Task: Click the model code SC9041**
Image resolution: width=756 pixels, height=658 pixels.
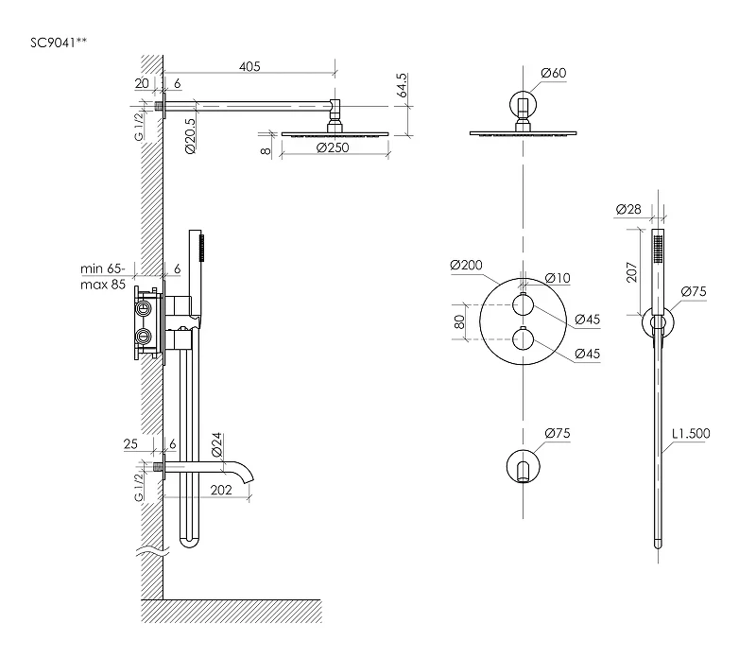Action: pyautogui.click(x=59, y=43)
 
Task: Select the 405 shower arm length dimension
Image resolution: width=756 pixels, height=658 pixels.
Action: pyautogui.click(x=249, y=66)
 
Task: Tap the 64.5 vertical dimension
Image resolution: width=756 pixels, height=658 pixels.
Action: pyautogui.click(x=402, y=85)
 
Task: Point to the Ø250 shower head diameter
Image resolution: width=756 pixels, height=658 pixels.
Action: pyautogui.click(x=333, y=147)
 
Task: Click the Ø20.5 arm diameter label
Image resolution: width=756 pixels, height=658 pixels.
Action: pyautogui.click(x=191, y=136)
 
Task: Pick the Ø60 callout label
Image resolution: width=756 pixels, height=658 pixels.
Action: pyautogui.click(x=554, y=73)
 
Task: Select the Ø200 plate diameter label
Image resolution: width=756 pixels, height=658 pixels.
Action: pyautogui.click(x=466, y=265)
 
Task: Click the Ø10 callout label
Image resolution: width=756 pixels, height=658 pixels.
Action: pyautogui.click(x=558, y=278)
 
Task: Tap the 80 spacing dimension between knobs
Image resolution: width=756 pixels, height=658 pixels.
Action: pyautogui.click(x=459, y=321)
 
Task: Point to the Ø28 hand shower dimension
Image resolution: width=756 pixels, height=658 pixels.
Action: pyautogui.click(x=628, y=209)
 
